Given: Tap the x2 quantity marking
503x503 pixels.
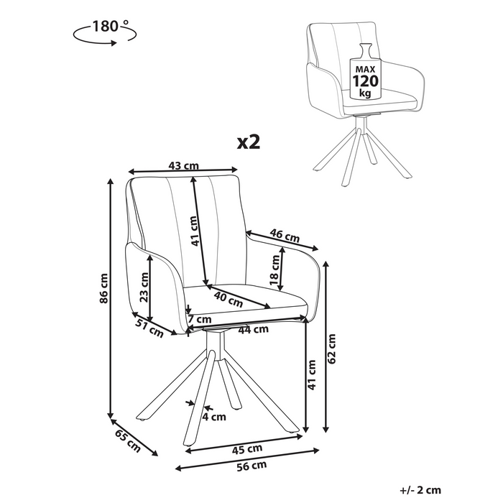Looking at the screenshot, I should coord(248,142).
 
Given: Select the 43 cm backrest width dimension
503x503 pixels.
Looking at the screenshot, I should coord(183,166).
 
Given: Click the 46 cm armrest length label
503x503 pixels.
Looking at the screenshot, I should coord(285,234).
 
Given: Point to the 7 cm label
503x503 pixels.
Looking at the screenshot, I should coord(199,319).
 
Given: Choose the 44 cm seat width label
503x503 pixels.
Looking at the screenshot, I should coord(253,330).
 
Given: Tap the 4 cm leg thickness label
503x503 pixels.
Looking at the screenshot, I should coord(214,416).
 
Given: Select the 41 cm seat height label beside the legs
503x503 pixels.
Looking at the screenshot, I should coord(312,374).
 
